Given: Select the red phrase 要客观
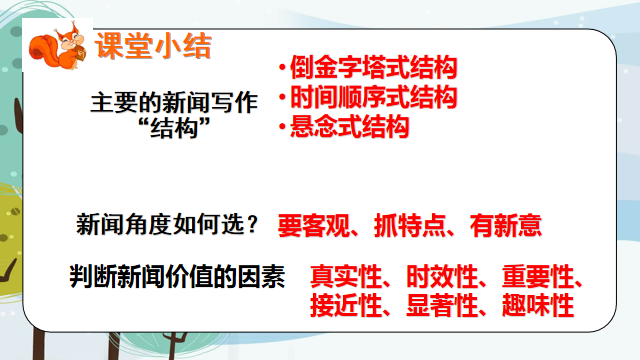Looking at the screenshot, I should [x=309, y=226].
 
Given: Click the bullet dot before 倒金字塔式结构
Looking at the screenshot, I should [x=283, y=70].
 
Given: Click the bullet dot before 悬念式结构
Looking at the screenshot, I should [x=283, y=128].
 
